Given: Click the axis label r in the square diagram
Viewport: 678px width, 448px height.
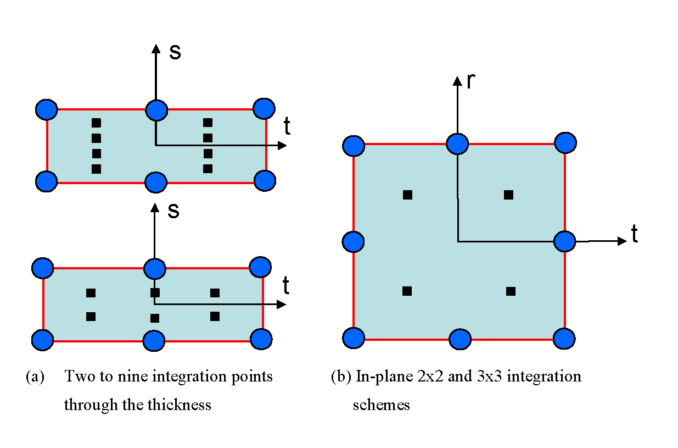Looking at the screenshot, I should click(470, 81).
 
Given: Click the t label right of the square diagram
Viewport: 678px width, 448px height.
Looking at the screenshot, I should click(635, 235).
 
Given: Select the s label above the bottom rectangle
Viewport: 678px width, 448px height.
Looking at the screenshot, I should click(173, 211).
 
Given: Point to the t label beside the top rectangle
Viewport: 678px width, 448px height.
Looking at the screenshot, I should click(287, 127).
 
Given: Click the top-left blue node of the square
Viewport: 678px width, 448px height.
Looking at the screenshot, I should click(354, 146).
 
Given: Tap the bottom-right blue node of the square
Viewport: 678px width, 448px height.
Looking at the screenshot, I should click(564, 338).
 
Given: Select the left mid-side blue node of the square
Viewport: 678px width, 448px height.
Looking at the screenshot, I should click(353, 241).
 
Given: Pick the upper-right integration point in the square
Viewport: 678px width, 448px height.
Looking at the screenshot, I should click(508, 194).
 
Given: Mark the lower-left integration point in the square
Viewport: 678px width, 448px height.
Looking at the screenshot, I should click(407, 291).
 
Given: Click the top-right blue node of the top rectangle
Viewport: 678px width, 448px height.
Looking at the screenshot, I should click(264, 108).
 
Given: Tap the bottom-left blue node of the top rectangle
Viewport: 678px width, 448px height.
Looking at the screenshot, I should click(46, 180).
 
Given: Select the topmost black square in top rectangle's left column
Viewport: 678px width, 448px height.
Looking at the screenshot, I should click(96, 122).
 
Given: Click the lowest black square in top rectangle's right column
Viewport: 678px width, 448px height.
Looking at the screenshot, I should click(208, 169).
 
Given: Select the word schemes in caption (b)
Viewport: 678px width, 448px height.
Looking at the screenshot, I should click(381, 405).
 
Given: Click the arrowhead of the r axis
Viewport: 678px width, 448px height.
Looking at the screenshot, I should click(457, 81).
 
